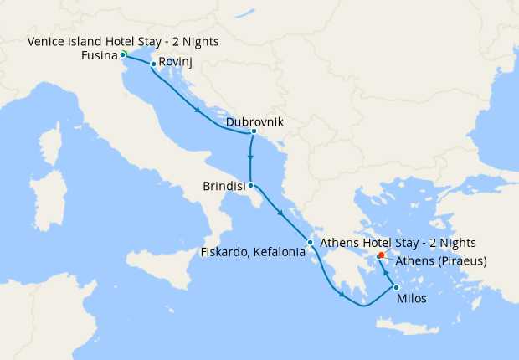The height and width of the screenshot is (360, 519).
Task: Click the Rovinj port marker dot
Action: pos(153,64)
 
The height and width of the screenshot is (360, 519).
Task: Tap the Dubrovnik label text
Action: pos(254,122)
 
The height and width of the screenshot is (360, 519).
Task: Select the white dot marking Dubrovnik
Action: pos(253,131)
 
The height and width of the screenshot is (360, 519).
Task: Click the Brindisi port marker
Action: pos(250,186)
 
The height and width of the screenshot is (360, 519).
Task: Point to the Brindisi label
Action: pos(224,187)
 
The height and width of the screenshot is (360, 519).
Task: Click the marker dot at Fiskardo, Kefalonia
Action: pos(311,243)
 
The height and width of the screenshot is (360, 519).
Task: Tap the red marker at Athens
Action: pos(381,255)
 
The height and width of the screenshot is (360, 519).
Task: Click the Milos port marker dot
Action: pos(396,287)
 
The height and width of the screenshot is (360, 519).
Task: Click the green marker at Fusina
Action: pos(123,54)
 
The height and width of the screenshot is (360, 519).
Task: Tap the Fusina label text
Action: pos(99,56)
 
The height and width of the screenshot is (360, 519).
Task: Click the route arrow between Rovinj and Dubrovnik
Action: pos(198,111)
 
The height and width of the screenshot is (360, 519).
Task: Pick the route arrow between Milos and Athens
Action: pos(386,271)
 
